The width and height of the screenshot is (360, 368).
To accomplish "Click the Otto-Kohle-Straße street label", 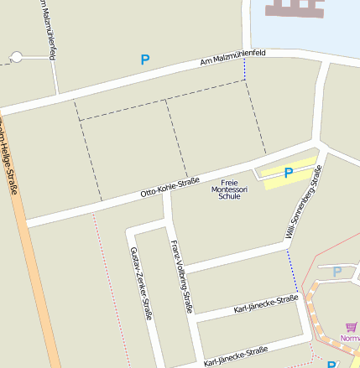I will pos(170,187).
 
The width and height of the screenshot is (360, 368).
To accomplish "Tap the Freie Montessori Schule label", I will pos(229,189).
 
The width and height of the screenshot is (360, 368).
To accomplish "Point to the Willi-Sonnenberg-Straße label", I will pos(303,202).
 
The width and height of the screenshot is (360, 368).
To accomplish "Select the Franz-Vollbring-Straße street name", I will pos(182,277).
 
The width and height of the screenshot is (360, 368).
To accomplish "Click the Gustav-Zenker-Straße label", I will pos(141,283).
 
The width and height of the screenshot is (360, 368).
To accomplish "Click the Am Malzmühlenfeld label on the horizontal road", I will pos(233,57).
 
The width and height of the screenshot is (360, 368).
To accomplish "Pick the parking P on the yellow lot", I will pos(289,174).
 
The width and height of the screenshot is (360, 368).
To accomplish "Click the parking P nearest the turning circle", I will pos(145,60).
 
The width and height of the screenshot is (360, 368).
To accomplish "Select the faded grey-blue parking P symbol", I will pos(337,272).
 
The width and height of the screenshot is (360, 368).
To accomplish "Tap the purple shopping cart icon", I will pos(350,328).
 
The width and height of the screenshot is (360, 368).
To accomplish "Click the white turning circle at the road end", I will pos(16,57).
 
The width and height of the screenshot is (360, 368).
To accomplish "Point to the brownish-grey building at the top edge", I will pos(294,8).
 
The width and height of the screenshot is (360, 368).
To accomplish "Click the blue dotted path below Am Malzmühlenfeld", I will pos(245,70).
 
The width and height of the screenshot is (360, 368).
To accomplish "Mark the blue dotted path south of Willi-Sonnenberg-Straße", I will pos(292,270).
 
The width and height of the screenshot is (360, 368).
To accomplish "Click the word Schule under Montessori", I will pos(229,196).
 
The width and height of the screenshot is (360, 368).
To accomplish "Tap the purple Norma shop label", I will pos(350,339).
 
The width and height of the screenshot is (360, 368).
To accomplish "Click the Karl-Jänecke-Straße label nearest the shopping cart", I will pos(266,303).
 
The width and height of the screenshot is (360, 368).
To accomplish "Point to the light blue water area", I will pos(336,34).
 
